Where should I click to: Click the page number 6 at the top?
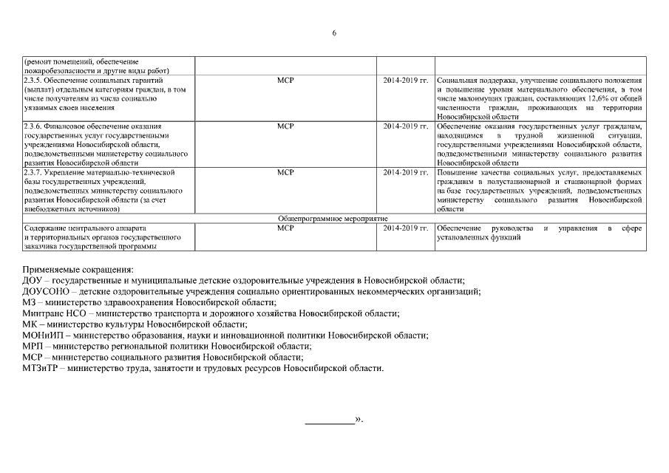point(334,33)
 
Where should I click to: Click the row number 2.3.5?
point(33,80)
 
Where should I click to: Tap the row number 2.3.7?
point(33,172)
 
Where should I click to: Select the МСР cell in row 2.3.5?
point(285,80)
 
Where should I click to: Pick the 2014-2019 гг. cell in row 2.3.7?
point(406,172)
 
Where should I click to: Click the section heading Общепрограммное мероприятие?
point(333,219)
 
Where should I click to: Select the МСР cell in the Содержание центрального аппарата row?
point(285,228)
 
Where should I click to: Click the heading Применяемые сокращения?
point(78,270)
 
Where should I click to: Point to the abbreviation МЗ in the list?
point(29,302)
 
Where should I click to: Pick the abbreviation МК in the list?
point(30,324)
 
